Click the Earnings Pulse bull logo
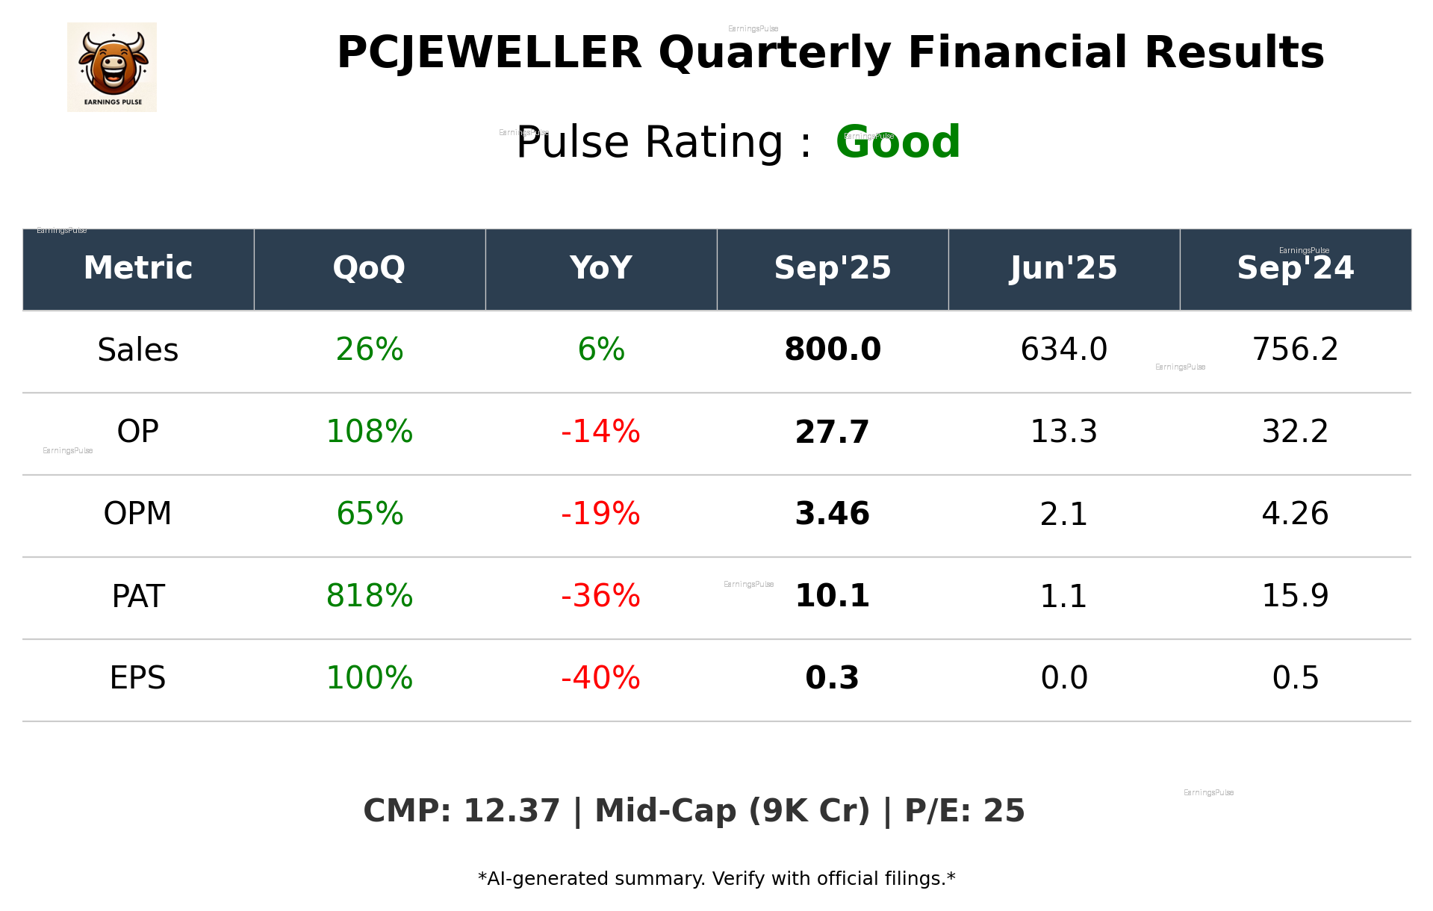(112, 67)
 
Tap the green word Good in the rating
(898, 142)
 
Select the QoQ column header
(369, 268)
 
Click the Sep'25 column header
(832, 268)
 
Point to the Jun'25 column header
(1063, 268)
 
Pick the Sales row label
(138, 350)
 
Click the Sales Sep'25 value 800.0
(832, 350)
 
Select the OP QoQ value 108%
(369, 432)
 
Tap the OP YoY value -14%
(600, 432)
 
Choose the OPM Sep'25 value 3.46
(832, 514)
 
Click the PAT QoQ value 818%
(369, 597)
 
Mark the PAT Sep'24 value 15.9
(1295, 597)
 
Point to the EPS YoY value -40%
(600, 679)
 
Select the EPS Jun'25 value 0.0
(1063, 679)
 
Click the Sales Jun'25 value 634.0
(1063, 350)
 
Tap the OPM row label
(138, 514)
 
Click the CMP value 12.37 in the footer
(511, 812)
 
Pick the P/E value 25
(1004, 812)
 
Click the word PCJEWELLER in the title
(489, 53)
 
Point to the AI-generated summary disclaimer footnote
(716, 879)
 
